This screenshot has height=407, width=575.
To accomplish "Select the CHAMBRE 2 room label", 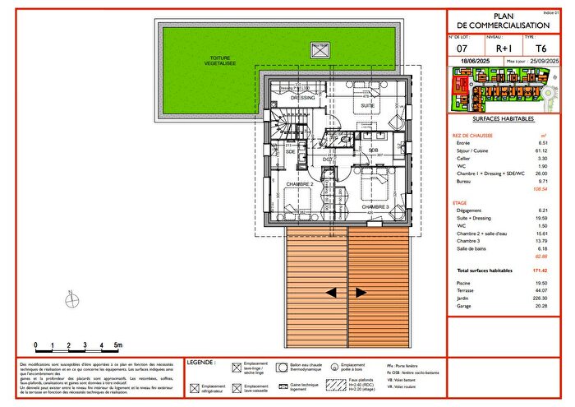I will (301, 183).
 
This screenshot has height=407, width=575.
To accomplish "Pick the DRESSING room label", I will (302, 98).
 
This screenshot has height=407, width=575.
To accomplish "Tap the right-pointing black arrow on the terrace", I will (361, 292).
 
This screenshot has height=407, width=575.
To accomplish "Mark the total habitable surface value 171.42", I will (536, 271).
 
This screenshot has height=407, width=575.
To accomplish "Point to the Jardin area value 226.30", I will (537, 298).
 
